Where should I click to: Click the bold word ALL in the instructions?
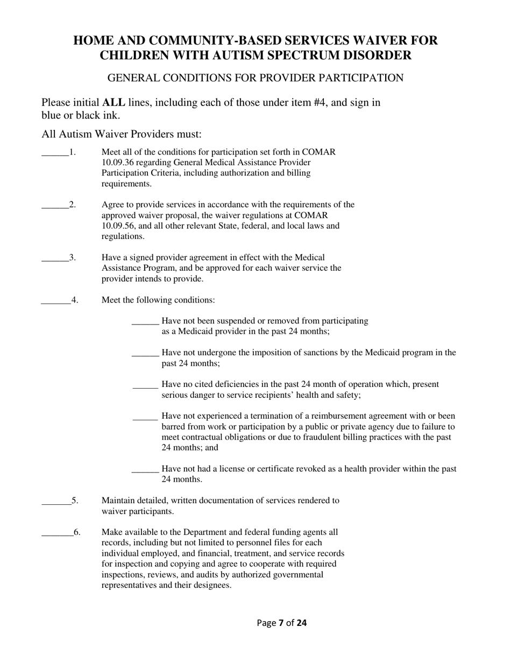[x=113, y=102]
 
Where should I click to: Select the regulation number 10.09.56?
[x=117, y=226]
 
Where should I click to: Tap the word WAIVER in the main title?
[x=384, y=40]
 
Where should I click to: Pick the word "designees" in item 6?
[x=212, y=585]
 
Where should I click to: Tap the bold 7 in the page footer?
[x=281, y=623]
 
